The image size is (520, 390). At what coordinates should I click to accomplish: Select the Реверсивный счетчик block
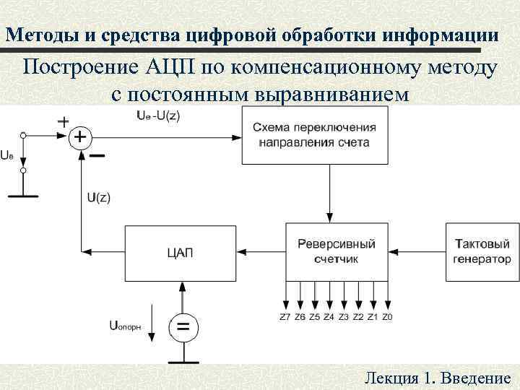coord(336,252)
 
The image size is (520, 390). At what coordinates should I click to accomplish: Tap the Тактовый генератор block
coord(482,252)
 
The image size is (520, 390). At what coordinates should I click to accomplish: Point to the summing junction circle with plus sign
coord(79,136)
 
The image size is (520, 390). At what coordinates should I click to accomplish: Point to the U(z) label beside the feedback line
coord(98,197)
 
